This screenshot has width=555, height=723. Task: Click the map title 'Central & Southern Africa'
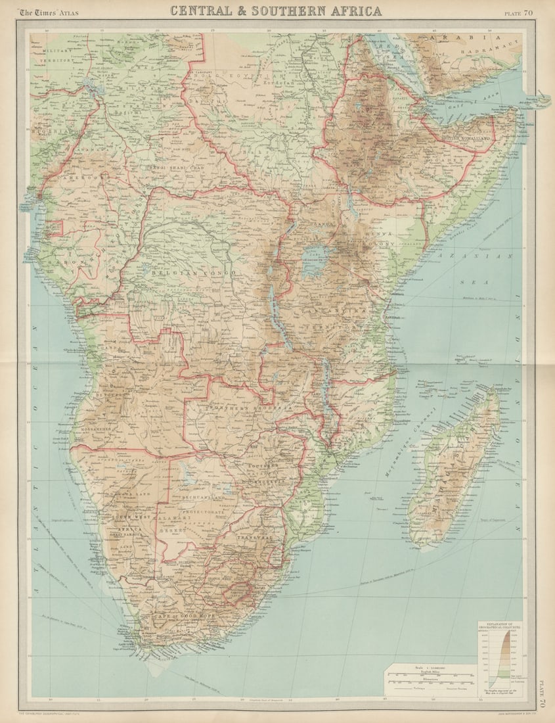(x=276, y=11)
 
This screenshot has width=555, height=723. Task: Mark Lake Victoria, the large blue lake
(x=317, y=258)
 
